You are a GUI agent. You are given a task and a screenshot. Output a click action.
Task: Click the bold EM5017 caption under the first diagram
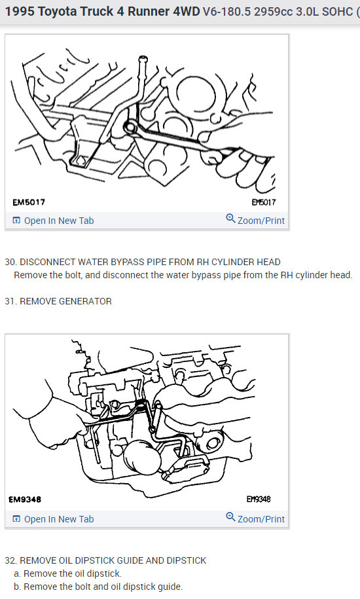click(29, 202)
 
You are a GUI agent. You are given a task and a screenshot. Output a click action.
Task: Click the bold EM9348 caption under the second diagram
click(25, 499)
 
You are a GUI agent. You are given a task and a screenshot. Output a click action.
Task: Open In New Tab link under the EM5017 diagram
click(59, 221)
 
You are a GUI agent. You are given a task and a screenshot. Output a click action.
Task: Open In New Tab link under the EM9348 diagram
click(59, 519)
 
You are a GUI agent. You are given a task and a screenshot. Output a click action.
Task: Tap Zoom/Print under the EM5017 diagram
click(261, 221)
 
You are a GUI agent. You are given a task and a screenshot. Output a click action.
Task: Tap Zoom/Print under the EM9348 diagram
click(261, 519)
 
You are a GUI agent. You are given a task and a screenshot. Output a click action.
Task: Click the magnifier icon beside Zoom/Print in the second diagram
click(230, 517)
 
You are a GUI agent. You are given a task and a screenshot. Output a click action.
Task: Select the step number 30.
click(10, 262)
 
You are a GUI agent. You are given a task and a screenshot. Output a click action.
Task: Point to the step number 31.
click(10, 301)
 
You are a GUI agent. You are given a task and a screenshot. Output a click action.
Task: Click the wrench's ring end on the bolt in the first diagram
click(130, 128)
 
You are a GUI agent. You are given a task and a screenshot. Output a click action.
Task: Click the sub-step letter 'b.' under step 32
click(18, 587)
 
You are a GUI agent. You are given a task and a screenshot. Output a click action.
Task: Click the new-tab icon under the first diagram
click(16, 221)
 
